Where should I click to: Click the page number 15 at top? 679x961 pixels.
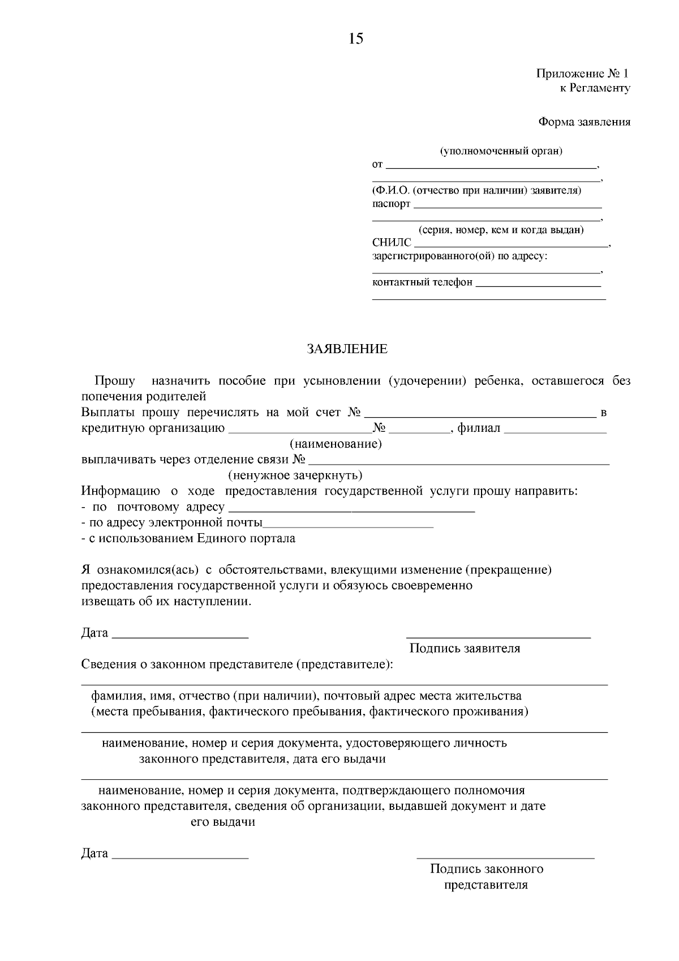pyautogui.click(x=356, y=39)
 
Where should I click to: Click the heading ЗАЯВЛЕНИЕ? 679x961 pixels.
pyautogui.click(x=347, y=349)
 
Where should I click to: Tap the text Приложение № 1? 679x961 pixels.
pyautogui.click(x=582, y=74)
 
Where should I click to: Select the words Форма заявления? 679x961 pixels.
pyautogui.click(x=584, y=122)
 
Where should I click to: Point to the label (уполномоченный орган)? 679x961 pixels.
pyautogui.click(x=501, y=151)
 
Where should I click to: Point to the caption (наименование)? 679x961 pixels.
pyautogui.click(x=336, y=444)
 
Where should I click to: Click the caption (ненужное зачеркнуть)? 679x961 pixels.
pyautogui.click(x=295, y=475)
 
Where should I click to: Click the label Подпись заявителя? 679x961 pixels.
pyautogui.click(x=465, y=649)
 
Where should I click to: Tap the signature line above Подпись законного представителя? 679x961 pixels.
pyautogui.click(x=505, y=858)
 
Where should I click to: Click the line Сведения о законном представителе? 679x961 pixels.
pyautogui.click(x=237, y=664)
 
